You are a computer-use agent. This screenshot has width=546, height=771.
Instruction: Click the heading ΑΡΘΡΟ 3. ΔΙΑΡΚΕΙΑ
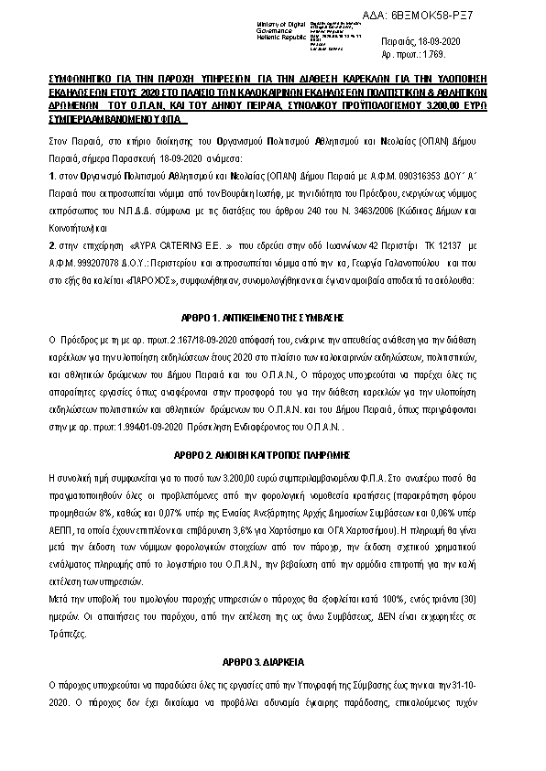tap(272, 660)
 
